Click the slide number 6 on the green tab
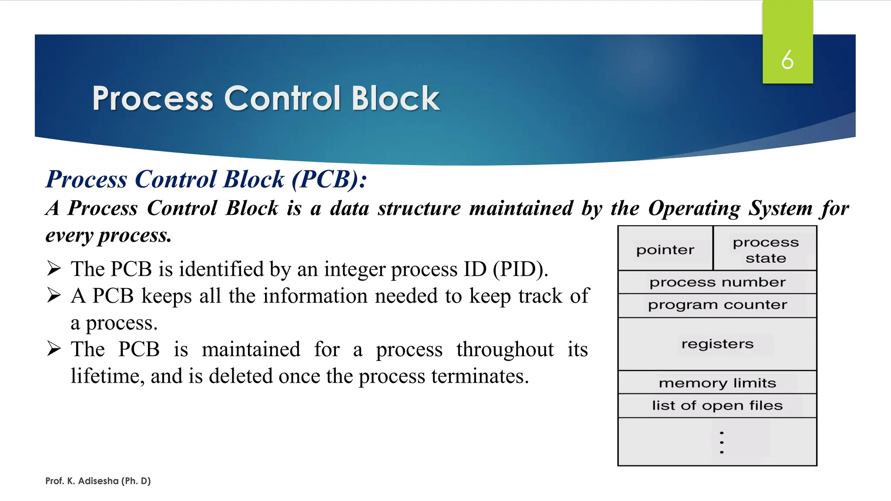point(787,60)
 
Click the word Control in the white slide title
point(282,98)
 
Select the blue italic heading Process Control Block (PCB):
point(206,179)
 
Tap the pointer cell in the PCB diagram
point(665,250)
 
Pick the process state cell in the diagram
point(766,250)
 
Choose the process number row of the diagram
point(717,282)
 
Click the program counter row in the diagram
point(717,305)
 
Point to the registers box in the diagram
point(717,344)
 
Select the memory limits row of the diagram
point(717,383)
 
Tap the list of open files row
point(717,406)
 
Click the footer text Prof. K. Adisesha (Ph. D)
point(98,481)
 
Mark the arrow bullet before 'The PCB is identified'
point(54,269)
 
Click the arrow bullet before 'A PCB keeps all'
point(54,296)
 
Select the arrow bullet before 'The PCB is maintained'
point(54,349)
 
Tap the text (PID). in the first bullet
point(520,269)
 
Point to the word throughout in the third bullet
point(505,350)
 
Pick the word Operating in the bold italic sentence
point(694,208)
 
